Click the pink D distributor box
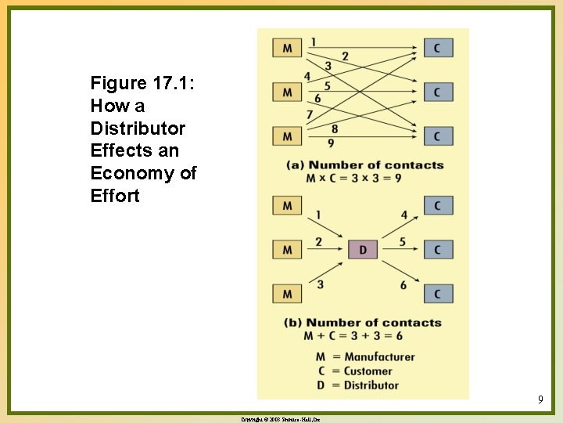coord(363,250)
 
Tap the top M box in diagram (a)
coord(287,48)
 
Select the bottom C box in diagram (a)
coord(438,136)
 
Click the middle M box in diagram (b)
coord(287,250)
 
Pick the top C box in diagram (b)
coord(438,205)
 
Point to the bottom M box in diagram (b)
coord(287,294)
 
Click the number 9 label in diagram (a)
coord(331,143)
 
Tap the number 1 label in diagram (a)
coord(313,42)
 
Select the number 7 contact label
coord(309,114)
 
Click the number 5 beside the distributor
coord(403,242)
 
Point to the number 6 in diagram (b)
coord(403,285)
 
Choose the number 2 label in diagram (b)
coord(318,242)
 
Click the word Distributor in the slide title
coord(138,128)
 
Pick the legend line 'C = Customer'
coord(357,371)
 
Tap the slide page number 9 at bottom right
coord(540,400)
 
